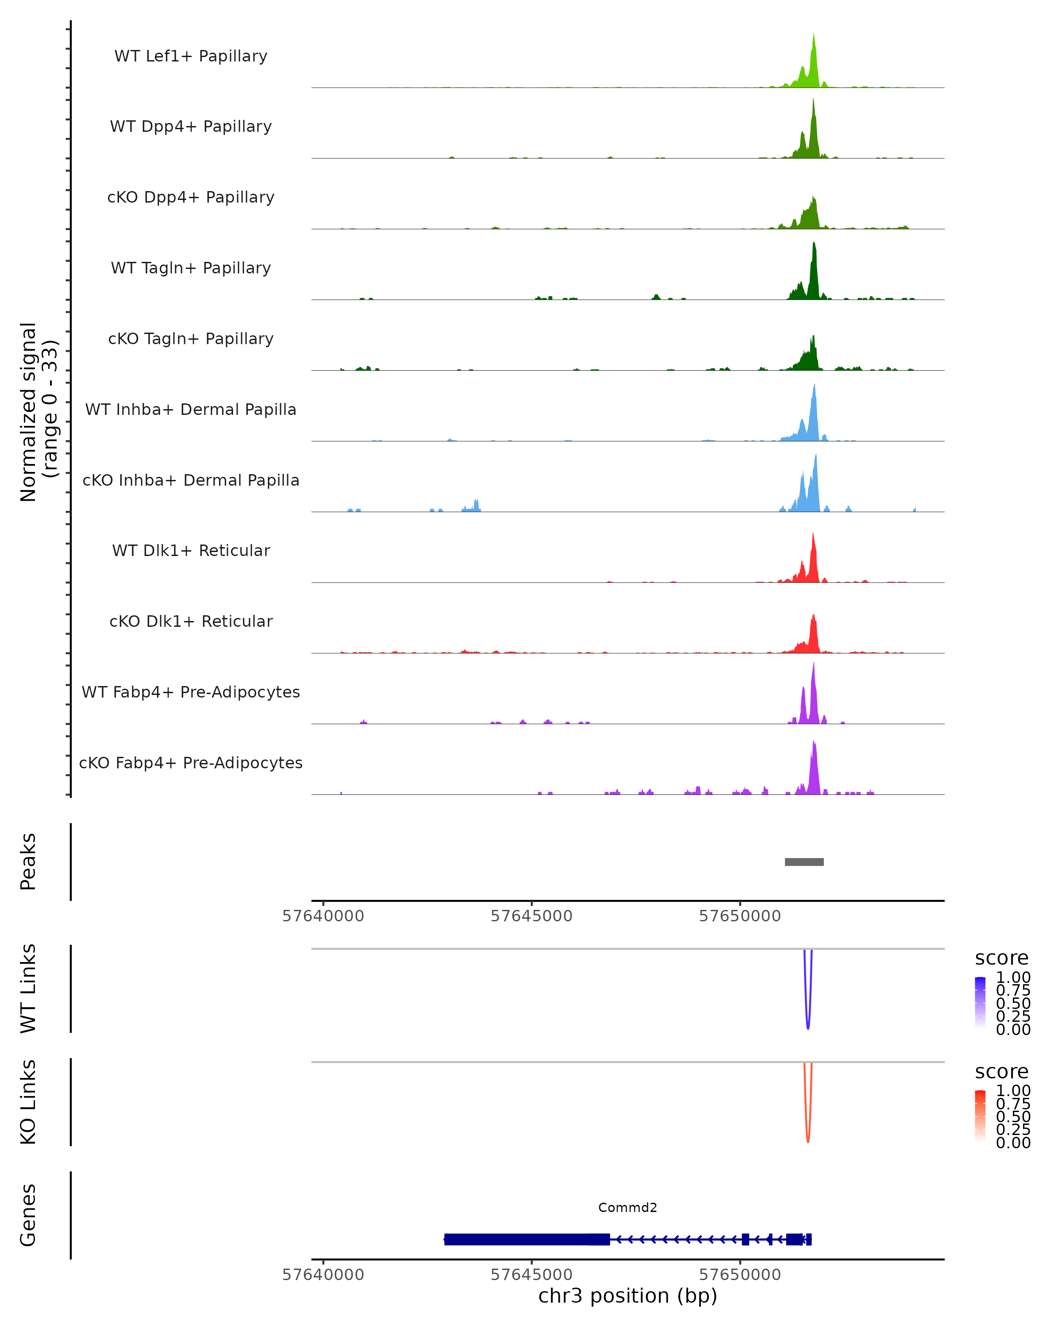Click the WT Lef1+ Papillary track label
point(191,56)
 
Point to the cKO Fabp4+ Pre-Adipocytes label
point(191,763)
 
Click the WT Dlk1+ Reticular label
point(191,550)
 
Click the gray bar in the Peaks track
point(804,862)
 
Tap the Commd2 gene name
point(627,1208)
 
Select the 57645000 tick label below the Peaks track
point(531,917)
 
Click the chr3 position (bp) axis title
point(627,1296)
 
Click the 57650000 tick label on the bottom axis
point(739,1275)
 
